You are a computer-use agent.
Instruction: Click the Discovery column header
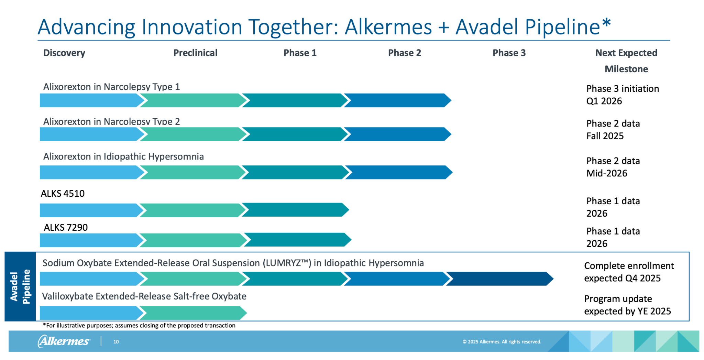pyautogui.click(x=64, y=53)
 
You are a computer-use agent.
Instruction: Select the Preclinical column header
pyautogui.click(x=195, y=53)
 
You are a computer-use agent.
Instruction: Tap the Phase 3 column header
pyautogui.click(x=509, y=53)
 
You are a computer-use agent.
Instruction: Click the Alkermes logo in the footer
pyautogui.click(x=64, y=341)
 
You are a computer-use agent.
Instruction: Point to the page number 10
pyautogui.click(x=116, y=342)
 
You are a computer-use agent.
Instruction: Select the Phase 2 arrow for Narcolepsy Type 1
pyautogui.click(x=397, y=100)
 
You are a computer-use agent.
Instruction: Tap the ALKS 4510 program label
pyautogui.click(x=63, y=194)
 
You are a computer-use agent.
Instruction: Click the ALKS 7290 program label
pyautogui.click(x=66, y=228)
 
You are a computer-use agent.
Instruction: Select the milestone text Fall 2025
pyautogui.click(x=605, y=136)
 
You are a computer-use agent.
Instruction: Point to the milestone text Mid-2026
pyautogui.click(x=607, y=173)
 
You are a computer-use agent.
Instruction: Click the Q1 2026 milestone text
pyautogui.click(x=604, y=101)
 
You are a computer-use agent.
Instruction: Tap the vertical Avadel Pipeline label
pyautogui.click(x=20, y=287)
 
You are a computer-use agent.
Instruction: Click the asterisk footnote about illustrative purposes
pyautogui.click(x=139, y=326)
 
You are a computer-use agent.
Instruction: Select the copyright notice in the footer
pyautogui.click(x=502, y=342)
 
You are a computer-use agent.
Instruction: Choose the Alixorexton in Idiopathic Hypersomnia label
pyautogui.click(x=123, y=157)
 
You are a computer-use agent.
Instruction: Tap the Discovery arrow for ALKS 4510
pyautogui.click(x=89, y=210)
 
